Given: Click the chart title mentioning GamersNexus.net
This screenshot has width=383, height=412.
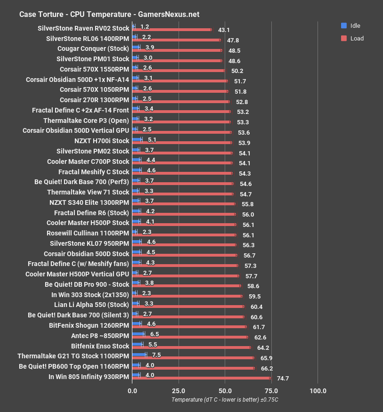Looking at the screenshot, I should (x=109, y=14).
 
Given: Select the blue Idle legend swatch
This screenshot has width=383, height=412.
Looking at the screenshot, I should (x=344, y=25).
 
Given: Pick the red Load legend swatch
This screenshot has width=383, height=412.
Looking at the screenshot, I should (x=344, y=38).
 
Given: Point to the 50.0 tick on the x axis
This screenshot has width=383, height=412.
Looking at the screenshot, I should (x=225, y=391).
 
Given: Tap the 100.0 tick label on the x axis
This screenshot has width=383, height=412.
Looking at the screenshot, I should (x=318, y=391).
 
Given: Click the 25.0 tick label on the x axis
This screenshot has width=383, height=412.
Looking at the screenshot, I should (x=179, y=391).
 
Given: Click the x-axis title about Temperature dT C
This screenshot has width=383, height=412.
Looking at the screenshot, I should (x=225, y=400).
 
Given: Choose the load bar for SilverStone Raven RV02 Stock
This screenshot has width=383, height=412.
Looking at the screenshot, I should (x=172, y=30).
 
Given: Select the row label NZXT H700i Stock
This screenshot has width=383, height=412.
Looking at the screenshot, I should (x=101, y=141).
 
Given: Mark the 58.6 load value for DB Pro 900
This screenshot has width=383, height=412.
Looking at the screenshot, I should (x=253, y=286).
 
